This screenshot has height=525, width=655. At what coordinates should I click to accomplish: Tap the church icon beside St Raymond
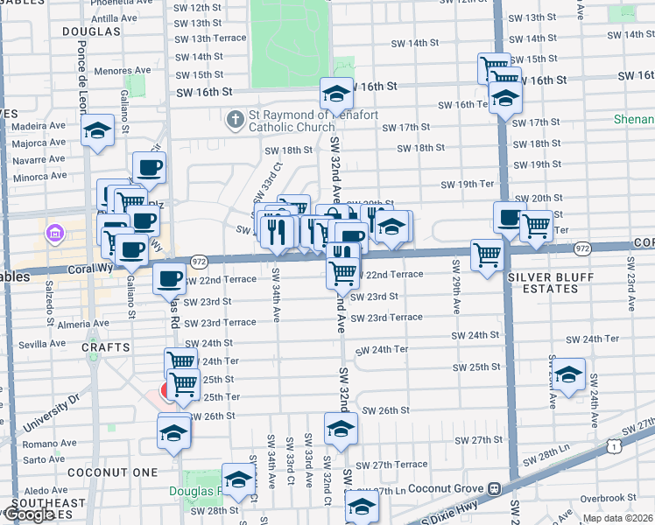tap(235, 120)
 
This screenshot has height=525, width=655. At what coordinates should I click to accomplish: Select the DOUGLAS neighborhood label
tap(91, 31)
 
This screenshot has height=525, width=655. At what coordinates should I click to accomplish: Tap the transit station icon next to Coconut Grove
tap(495, 488)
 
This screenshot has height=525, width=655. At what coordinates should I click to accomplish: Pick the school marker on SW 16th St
tap(336, 94)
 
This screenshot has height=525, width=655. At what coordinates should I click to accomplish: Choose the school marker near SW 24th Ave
tap(568, 374)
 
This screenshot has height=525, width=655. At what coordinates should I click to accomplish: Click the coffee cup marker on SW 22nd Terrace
tap(170, 280)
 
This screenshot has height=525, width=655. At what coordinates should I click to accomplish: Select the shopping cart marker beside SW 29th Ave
tap(486, 255)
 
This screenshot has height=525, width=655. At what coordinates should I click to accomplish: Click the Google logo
tap(28, 514)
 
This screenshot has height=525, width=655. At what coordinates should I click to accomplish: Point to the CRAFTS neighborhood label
tap(106, 347)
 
